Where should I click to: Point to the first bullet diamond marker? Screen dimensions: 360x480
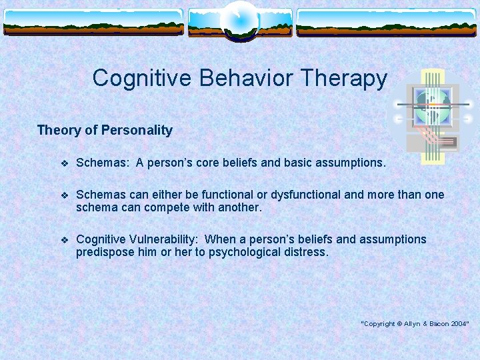[64, 163]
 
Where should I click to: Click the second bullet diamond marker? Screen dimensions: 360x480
[64, 195]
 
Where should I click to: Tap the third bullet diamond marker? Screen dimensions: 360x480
[64, 240]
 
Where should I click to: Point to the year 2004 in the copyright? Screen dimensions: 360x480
[458, 323]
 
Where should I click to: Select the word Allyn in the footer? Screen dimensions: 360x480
[409, 323]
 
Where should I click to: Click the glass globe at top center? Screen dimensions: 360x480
[239, 20]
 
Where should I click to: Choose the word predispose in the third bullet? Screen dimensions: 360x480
[105, 253]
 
